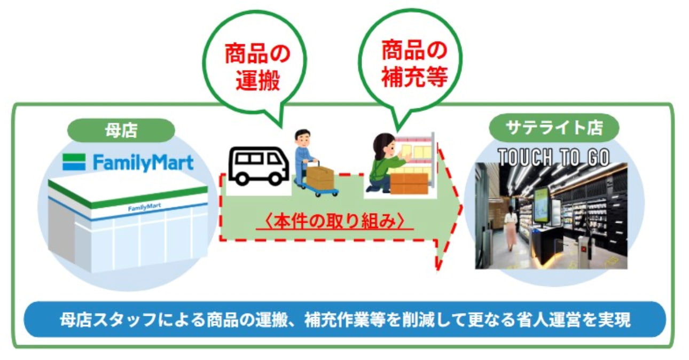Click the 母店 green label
[121, 130]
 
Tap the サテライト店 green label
[554, 128]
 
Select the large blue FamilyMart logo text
[143, 163]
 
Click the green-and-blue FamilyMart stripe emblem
[74, 162]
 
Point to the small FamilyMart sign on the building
[144, 208]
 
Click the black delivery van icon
[259, 166]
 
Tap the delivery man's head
[303, 138]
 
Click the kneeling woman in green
[385, 163]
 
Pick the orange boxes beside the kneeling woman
[409, 184]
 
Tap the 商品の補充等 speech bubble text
[414, 64]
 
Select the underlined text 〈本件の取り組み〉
[335, 221]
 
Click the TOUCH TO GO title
[554, 157]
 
